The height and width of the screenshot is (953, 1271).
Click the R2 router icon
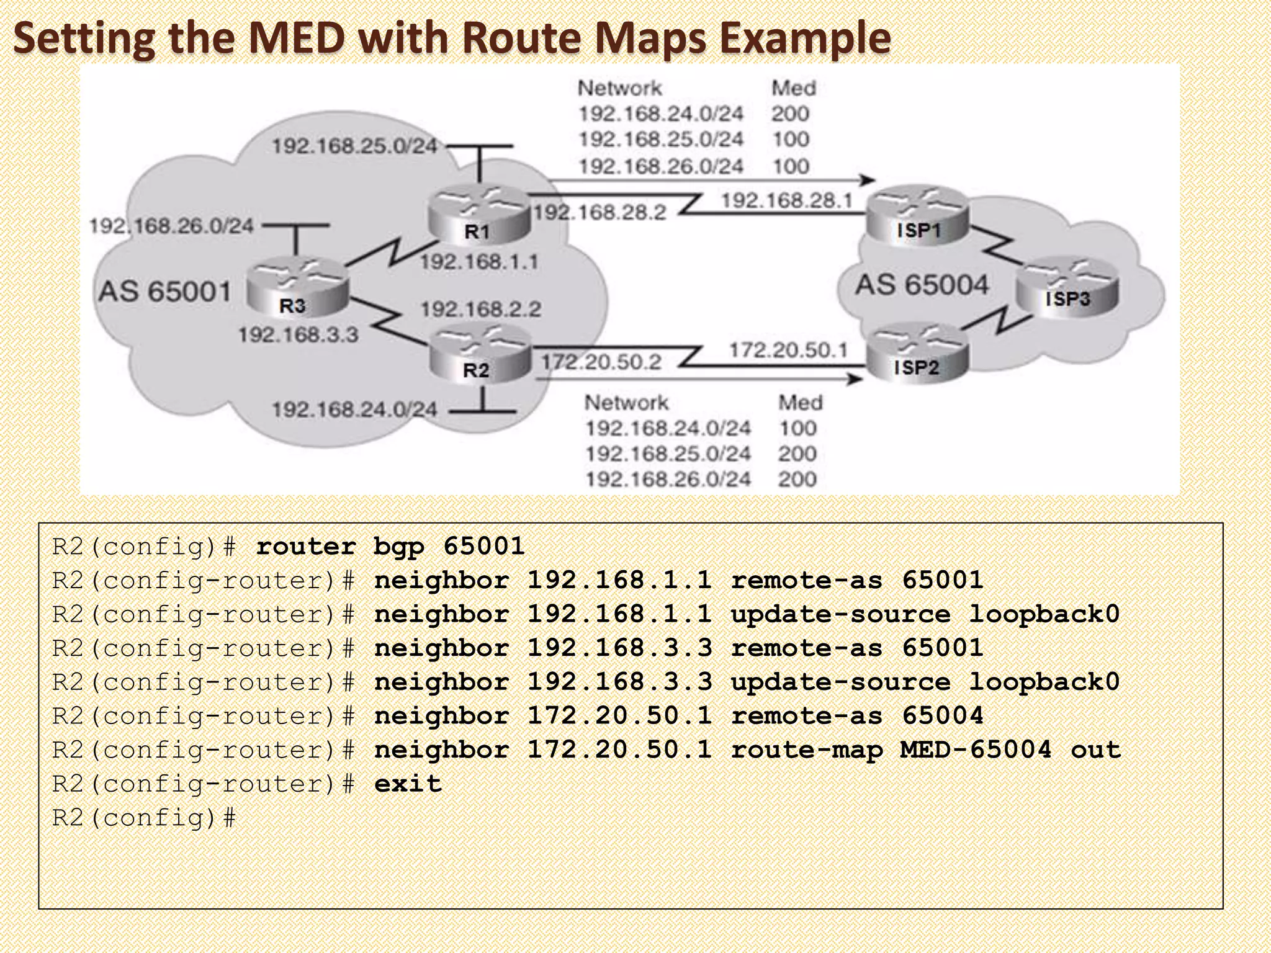(x=480, y=355)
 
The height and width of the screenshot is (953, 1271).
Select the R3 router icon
(x=298, y=289)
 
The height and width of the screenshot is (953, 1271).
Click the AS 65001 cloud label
(x=165, y=292)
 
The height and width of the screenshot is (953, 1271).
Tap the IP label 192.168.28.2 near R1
(x=600, y=213)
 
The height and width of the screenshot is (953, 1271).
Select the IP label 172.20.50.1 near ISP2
(x=788, y=351)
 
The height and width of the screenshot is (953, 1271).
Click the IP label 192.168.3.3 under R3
(x=299, y=335)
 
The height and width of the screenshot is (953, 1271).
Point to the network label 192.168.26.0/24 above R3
(x=171, y=226)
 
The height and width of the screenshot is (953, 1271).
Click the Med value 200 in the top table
(x=790, y=114)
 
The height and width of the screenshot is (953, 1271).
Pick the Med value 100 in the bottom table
(x=797, y=428)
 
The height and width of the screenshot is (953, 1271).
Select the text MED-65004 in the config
(x=976, y=749)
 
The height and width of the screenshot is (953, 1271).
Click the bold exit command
(x=408, y=784)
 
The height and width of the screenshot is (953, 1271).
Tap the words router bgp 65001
(x=390, y=547)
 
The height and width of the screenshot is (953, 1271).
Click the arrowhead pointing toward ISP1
(x=867, y=181)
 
